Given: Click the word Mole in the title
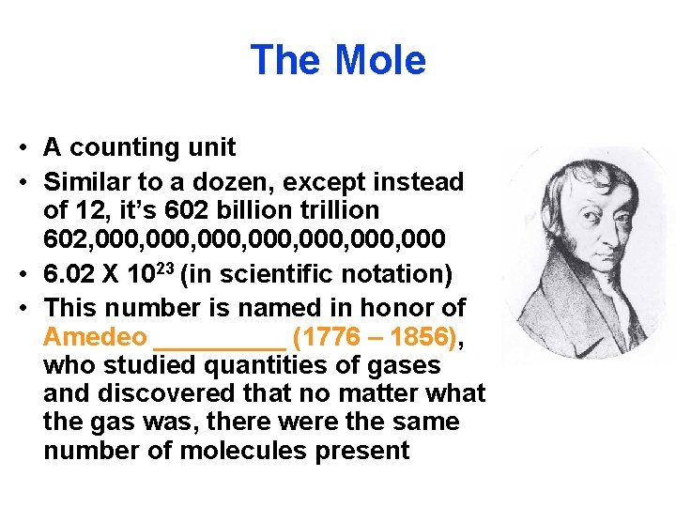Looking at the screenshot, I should click(x=380, y=60).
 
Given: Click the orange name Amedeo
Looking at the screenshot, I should click(x=95, y=337).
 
